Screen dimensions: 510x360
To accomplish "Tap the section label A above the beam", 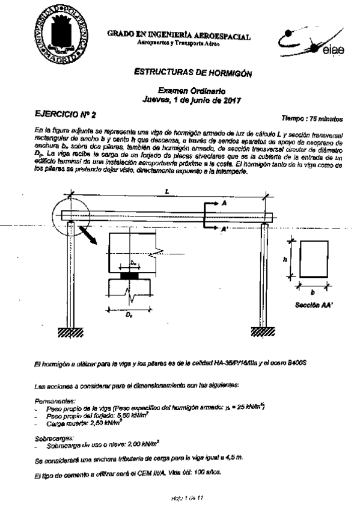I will [x=224, y=204].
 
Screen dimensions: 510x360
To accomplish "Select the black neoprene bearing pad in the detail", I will [x=133, y=275].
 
